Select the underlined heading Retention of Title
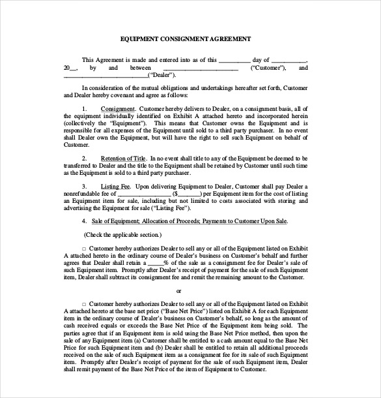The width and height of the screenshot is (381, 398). (123, 159)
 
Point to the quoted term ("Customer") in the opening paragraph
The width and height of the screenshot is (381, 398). (268, 68)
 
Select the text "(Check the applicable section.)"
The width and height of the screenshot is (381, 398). (123, 234)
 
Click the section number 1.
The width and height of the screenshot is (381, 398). (85, 108)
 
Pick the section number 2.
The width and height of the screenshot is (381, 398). (85, 159)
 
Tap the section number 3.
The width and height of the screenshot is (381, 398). (85, 187)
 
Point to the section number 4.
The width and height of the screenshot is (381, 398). (85, 221)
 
